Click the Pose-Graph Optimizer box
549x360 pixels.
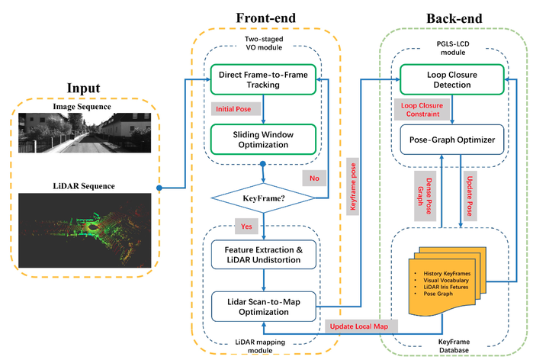point(451,140)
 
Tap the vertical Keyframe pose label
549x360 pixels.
point(354,187)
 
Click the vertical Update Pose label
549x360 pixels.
point(467,196)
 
